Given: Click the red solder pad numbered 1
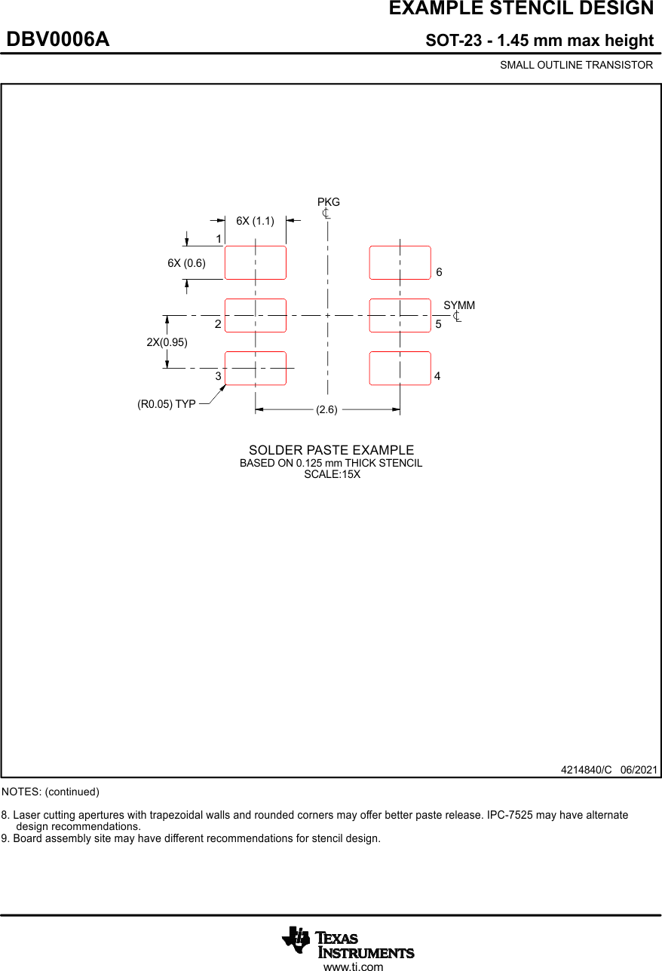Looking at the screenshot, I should pyautogui.click(x=256, y=262).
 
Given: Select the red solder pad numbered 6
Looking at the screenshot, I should pyautogui.click(x=400, y=262).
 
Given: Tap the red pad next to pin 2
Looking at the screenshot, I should pyautogui.click(x=256, y=315).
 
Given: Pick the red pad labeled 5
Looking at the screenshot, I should pyautogui.click(x=400, y=315).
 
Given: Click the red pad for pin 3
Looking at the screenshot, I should pyautogui.click(x=256, y=368).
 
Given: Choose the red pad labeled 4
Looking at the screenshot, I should pyautogui.click(x=400, y=368).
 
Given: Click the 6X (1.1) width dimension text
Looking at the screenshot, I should pyautogui.click(x=255, y=221).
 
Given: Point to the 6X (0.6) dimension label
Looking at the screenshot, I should pyautogui.click(x=186, y=263).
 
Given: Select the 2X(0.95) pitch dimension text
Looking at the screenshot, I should pyautogui.click(x=167, y=342).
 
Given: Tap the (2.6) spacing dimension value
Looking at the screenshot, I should pyautogui.click(x=326, y=409).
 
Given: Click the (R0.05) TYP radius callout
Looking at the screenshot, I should pyautogui.click(x=167, y=404).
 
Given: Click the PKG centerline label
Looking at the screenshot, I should pyautogui.click(x=329, y=202).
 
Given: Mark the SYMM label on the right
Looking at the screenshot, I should pyautogui.click(x=459, y=305).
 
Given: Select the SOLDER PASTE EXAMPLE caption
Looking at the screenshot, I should pyautogui.click(x=331, y=450).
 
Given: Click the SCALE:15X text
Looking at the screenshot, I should pyautogui.click(x=332, y=474).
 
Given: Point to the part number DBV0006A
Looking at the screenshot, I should pyautogui.click(x=58, y=40).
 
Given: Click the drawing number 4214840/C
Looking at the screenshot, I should pyautogui.click(x=586, y=770).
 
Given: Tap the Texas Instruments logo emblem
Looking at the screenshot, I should pyautogui.click(x=296, y=939).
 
